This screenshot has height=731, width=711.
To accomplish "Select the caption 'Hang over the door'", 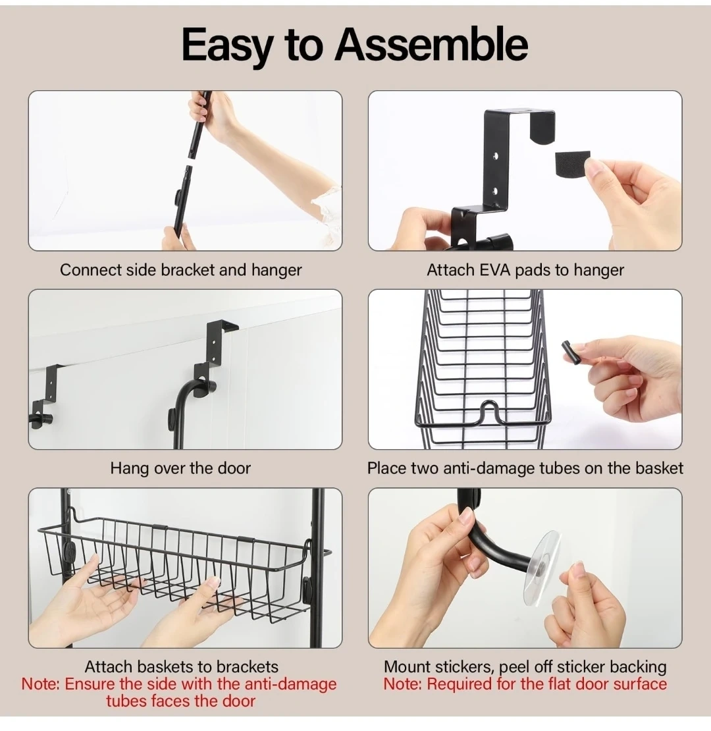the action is pos(180,468).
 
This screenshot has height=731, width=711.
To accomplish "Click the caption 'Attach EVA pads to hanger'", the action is pos(525,270).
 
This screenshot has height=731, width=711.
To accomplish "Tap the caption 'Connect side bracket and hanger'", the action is pos(181,270).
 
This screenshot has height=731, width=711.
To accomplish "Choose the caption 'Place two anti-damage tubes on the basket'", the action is pos(525,468).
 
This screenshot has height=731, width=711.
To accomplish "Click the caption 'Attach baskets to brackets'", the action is pos(181,666).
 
